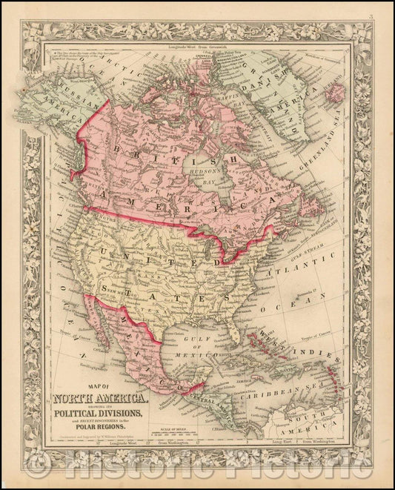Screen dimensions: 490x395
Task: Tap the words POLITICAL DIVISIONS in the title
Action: coord(101,412)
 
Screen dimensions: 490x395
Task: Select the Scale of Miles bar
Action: coord(185,431)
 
